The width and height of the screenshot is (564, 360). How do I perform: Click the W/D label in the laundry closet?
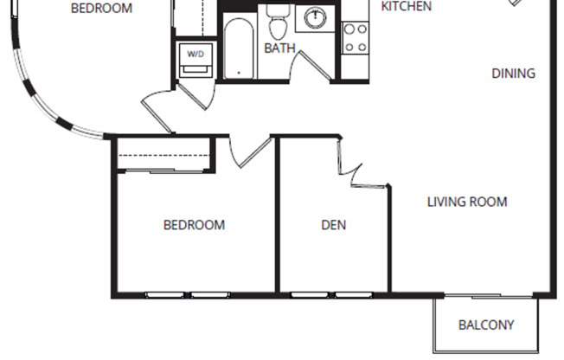tap(195, 55)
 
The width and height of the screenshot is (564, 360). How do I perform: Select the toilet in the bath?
tap(277, 20)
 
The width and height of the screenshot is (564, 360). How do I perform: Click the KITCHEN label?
tap(407, 7)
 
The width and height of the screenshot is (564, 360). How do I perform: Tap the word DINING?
tap(514, 74)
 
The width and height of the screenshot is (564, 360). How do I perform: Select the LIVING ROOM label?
tap(467, 202)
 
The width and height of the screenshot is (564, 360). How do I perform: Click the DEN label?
tap(334, 225)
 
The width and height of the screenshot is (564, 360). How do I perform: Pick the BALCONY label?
tap(486, 325)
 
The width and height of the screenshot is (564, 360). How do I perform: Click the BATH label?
tap(279, 48)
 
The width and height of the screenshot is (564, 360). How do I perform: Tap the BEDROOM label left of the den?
tap(194, 225)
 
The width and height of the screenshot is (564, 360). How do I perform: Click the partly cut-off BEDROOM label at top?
tap(101, 9)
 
